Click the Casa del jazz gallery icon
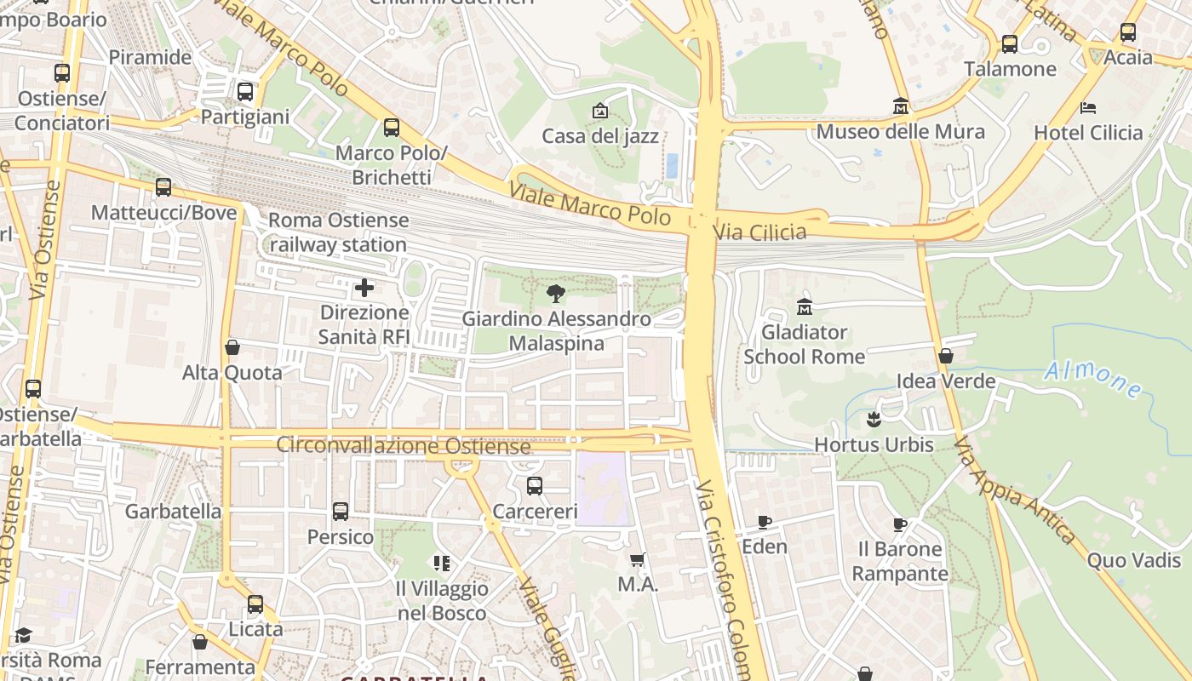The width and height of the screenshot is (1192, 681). click(600, 111)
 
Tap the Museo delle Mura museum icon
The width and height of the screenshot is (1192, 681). click(900, 106)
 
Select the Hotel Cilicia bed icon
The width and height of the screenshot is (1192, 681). click(1088, 107)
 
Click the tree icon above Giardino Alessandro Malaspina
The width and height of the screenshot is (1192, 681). click(556, 295)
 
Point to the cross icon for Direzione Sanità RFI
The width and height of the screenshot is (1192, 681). click(364, 288)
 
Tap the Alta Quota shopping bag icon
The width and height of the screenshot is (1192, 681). click(232, 347)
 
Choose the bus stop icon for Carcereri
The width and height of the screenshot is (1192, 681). click(535, 486)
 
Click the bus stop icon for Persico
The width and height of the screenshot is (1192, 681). click(341, 512)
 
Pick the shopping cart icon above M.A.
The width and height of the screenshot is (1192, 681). click(638, 559)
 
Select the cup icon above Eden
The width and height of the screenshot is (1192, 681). click(765, 522)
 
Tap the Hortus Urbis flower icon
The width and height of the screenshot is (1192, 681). click(874, 420)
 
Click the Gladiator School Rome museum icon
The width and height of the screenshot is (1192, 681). click(805, 306)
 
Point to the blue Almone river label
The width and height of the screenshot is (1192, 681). click(1093, 380)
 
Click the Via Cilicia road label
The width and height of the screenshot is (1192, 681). click(759, 232)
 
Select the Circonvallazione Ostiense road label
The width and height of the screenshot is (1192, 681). click(404, 446)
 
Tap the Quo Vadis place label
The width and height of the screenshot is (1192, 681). click(1134, 560)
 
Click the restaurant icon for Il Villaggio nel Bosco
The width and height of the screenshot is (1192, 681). click(441, 563)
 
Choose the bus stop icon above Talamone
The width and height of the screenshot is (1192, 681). click(1010, 43)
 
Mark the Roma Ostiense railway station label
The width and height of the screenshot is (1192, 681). click(338, 232)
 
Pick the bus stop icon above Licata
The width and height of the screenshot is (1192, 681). click(255, 604)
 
